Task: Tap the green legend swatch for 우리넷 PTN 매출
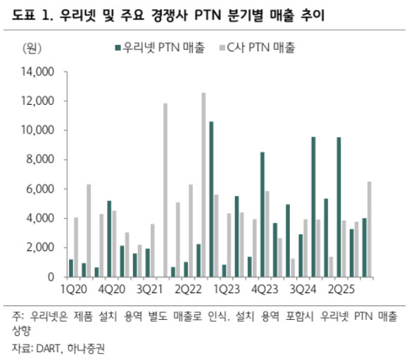tap(118, 49)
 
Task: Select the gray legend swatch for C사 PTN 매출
tap(225, 49)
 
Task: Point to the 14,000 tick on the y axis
tap(39, 72)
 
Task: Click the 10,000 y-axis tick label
tap(39, 130)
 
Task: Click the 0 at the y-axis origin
tap(51, 277)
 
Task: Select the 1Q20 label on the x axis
tap(73, 290)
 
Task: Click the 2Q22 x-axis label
tap(188, 290)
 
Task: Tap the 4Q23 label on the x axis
tap(265, 290)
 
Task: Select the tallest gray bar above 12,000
tap(203, 184)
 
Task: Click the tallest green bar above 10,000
tap(211, 199)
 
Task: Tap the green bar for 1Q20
tap(71, 268)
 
